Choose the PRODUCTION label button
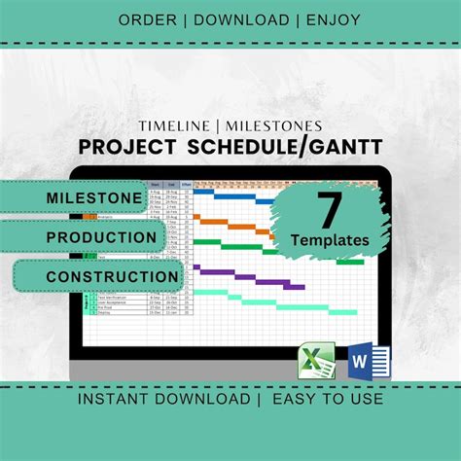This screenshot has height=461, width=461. point(101,237)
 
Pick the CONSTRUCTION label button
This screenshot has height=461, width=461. point(113,277)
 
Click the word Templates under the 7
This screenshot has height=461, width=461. point(328,238)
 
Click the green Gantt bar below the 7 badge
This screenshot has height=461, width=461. point(350,261)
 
